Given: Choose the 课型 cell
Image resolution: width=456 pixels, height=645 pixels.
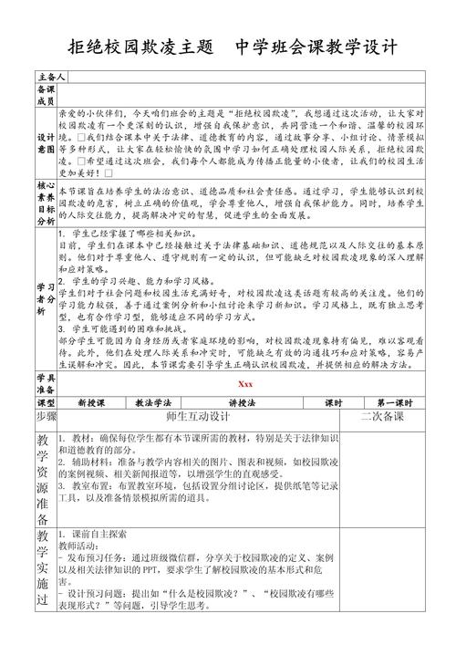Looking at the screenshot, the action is [x=45, y=427].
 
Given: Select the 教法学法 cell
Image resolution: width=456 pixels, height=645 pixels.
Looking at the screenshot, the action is [x=154, y=427].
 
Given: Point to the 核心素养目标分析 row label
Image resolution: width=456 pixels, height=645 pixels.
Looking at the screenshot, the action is [x=45, y=221].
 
